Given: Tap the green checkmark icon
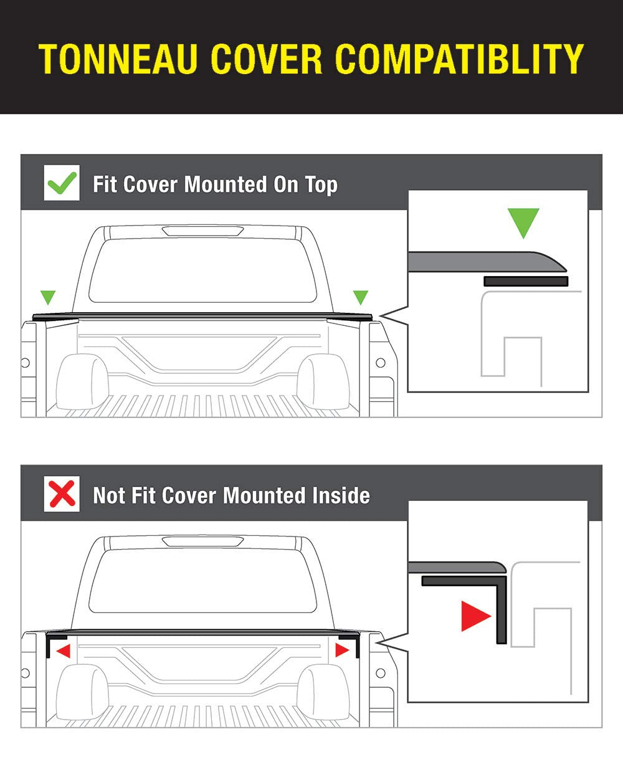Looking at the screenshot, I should point(62,183).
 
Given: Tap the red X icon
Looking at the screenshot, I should point(62,494).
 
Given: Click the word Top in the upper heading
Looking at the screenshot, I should point(321,185).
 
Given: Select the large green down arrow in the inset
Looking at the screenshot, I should point(523,222).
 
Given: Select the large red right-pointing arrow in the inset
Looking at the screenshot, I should point(475,616).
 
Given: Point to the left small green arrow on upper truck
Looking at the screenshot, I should point(47,297).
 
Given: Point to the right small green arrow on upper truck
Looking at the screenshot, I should point(360,297).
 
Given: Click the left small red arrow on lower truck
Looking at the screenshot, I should point(63,651).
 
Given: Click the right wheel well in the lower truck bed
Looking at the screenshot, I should point(323,692).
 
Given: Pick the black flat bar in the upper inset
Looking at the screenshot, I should point(525,282).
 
